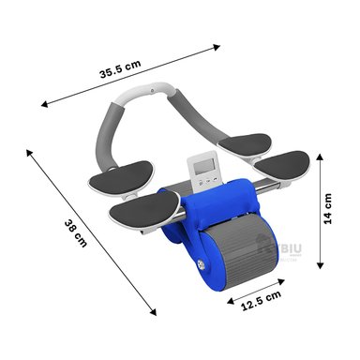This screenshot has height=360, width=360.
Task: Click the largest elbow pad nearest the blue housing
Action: coord(142,213)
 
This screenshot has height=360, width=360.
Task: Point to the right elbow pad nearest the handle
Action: coord(249,150)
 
